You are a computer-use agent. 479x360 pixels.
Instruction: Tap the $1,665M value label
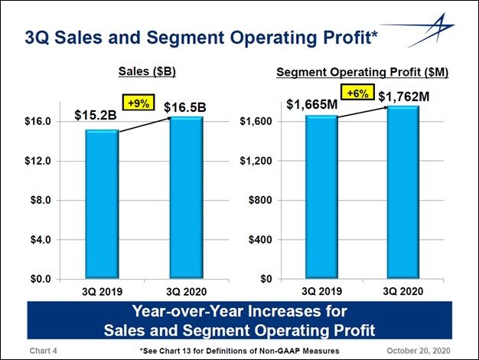coord(311,104)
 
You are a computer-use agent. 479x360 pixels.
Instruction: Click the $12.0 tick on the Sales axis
coord(37,161)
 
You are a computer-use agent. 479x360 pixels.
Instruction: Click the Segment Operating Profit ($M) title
coord(361,72)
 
